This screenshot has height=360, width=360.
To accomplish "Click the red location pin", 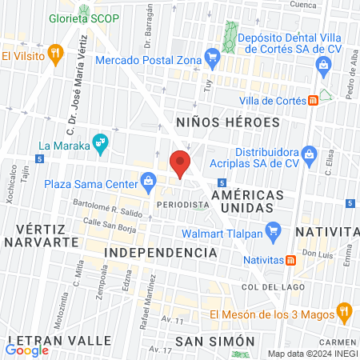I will (x=181, y=163).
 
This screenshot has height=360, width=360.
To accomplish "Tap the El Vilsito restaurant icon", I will (x=54, y=54).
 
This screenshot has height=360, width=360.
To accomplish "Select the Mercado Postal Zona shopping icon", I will (x=212, y=56).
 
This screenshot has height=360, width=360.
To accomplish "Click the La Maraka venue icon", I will (x=99, y=144).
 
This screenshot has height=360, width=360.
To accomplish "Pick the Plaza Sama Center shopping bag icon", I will (x=149, y=182).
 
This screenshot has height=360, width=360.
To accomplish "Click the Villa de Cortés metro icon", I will (x=311, y=101).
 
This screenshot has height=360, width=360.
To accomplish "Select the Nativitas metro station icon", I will (x=291, y=259).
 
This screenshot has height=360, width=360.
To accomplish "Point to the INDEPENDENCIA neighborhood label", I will (x=161, y=252).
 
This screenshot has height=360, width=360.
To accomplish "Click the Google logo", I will (x=27, y=350).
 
